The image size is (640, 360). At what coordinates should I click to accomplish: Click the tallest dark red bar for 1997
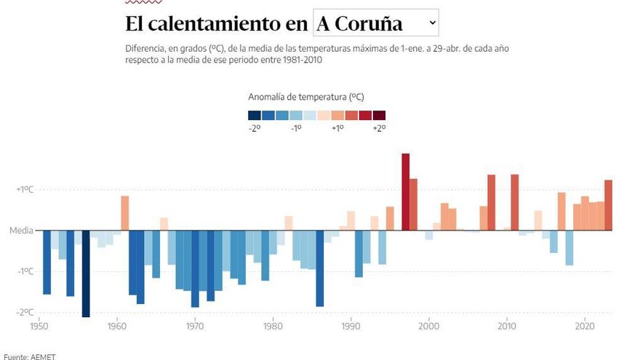(406, 192)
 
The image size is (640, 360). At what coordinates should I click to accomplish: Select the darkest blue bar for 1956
(86, 273)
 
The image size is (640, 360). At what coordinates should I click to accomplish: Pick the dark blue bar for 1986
(320, 268)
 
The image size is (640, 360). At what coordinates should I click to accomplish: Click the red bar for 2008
(492, 203)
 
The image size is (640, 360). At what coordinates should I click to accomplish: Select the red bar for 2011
(515, 203)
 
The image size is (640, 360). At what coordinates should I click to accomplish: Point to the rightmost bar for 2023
(608, 205)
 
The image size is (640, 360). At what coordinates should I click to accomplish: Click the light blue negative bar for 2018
(569, 248)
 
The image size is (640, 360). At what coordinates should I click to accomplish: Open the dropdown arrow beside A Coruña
(432, 23)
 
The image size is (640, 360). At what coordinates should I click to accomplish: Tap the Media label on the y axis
(21, 231)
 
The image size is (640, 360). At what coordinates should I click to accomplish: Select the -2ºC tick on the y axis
(26, 312)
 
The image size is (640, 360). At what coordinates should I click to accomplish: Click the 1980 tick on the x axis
(273, 327)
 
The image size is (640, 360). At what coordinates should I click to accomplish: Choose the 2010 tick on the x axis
(507, 327)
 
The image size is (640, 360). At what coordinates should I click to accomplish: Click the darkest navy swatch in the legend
(255, 115)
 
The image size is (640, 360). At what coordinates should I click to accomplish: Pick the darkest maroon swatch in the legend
(379, 115)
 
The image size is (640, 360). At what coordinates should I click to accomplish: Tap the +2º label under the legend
(379, 128)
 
